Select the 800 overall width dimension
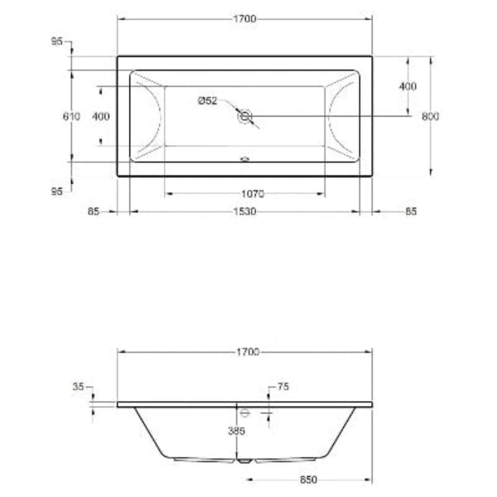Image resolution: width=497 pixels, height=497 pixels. [430, 117]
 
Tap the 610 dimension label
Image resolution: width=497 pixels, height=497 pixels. [71, 117]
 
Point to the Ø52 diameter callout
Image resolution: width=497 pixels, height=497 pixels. [207, 101]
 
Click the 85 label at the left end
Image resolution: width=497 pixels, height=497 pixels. [93, 212]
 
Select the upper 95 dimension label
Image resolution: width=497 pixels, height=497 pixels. [57, 41]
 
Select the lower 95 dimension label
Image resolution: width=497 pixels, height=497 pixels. [57, 191]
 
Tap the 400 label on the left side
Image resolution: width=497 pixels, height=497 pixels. [100, 117]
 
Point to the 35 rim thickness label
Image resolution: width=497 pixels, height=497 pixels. [79, 387]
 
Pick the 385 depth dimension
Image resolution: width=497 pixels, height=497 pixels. [239, 432]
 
